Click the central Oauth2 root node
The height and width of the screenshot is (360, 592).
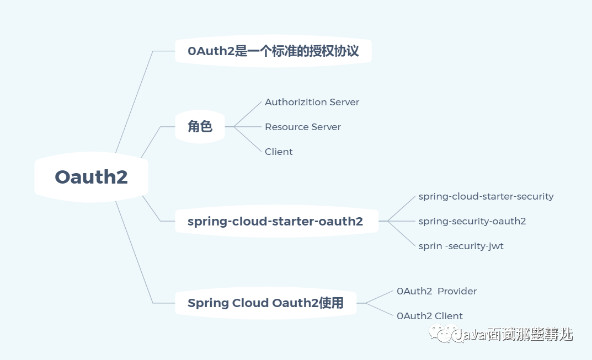[x=91, y=177]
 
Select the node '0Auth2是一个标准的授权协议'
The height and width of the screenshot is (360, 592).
[x=273, y=51]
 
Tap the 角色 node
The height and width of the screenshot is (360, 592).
[x=200, y=127]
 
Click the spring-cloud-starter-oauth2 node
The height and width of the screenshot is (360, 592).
[x=275, y=222]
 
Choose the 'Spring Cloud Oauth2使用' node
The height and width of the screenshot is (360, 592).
[x=265, y=303]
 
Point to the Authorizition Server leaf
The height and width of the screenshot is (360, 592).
[x=312, y=102]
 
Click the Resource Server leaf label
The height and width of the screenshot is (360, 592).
[x=302, y=127]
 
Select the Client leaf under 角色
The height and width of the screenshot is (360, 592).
[x=279, y=152]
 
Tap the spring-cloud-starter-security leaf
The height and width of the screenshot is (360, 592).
[x=486, y=196]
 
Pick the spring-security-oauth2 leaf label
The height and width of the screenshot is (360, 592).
[x=472, y=221]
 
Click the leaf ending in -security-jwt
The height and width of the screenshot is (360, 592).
[x=461, y=246]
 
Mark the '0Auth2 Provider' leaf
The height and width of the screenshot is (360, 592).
[x=436, y=291]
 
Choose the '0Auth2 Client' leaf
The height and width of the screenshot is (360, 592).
[x=429, y=316]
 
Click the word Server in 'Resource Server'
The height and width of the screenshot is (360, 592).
[x=326, y=127]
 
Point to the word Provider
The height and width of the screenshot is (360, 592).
[x=457, y=291]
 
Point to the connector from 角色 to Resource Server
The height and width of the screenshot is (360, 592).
[x=248, y=127]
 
